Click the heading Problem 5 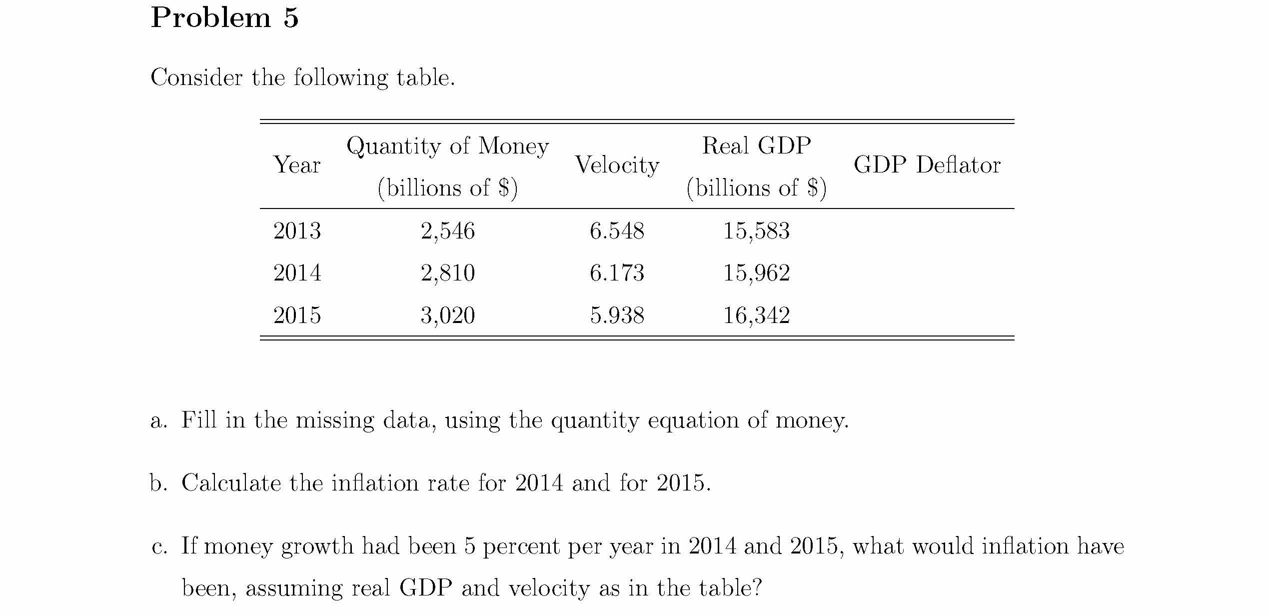coord(224,17)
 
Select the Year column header coord(297,164)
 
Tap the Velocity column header coord(617,165)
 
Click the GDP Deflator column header coord(927,164)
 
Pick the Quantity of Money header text coord(448,146)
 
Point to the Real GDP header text coord(757,145)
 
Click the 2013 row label coord(297,231)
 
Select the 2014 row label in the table coord(297,273)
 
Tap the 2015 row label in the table coord(297,315)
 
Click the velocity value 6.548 coord(617,231)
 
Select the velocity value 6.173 coord(617,273)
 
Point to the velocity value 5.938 coord(617,315)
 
